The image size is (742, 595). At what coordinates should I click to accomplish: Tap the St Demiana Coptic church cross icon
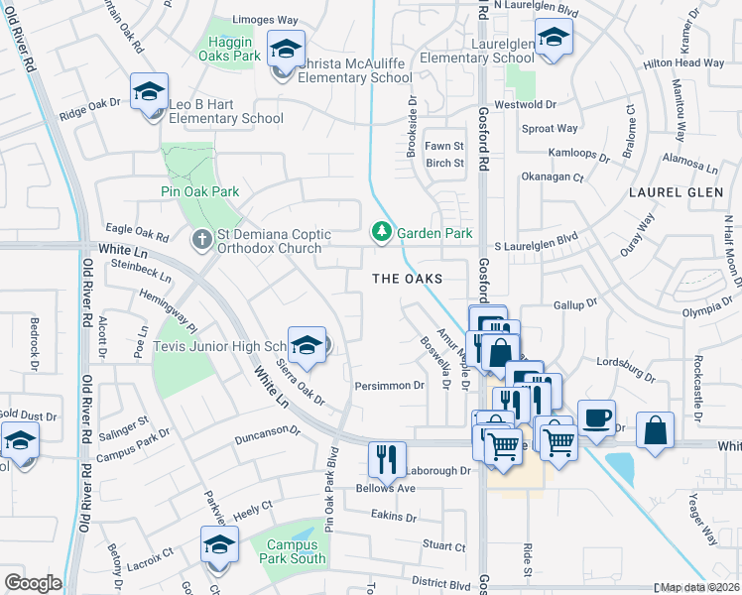click(200, 239)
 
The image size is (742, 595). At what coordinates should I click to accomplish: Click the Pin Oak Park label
click(200, 191)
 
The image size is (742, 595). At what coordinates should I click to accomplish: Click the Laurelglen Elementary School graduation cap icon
click(553, 39)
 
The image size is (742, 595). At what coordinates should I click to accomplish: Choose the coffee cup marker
click(596, 417)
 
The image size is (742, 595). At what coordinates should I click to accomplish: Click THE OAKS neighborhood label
click(407, 280)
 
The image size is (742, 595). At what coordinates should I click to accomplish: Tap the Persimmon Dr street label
click(390, 385)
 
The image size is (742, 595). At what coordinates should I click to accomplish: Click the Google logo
click(34, 583)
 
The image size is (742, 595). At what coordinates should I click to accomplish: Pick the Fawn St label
click(444, 147)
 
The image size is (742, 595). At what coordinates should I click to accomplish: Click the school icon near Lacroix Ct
click(219, 543)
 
